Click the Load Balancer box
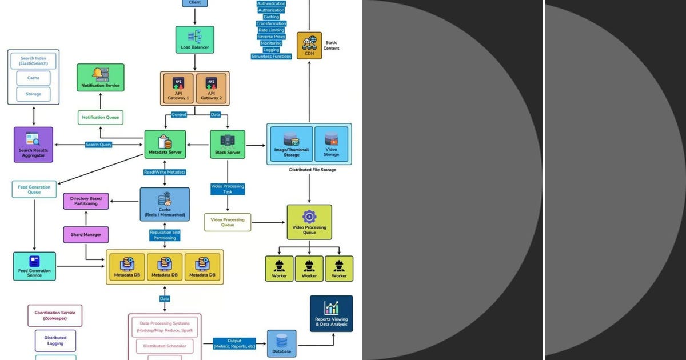(194, 39)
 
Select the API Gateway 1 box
(179, 89)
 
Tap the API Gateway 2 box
(211, 89)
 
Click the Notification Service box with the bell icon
(101, 78)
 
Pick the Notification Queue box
(101, 117)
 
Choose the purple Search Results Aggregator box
(33, 144)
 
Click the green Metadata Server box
(165, 145)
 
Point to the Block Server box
(228, 145)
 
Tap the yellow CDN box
(309, 46)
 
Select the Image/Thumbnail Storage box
(291, 145)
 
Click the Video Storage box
(331, 145)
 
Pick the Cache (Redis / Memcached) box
(165, 205)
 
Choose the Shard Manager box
(86, 234)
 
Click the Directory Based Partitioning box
(86, 201)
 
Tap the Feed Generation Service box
(34, 266)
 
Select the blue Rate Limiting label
(271, 30)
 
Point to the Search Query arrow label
(98, 145)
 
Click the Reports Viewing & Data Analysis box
(331, 314)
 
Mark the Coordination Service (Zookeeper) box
(55, 315)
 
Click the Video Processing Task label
(228, 189)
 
